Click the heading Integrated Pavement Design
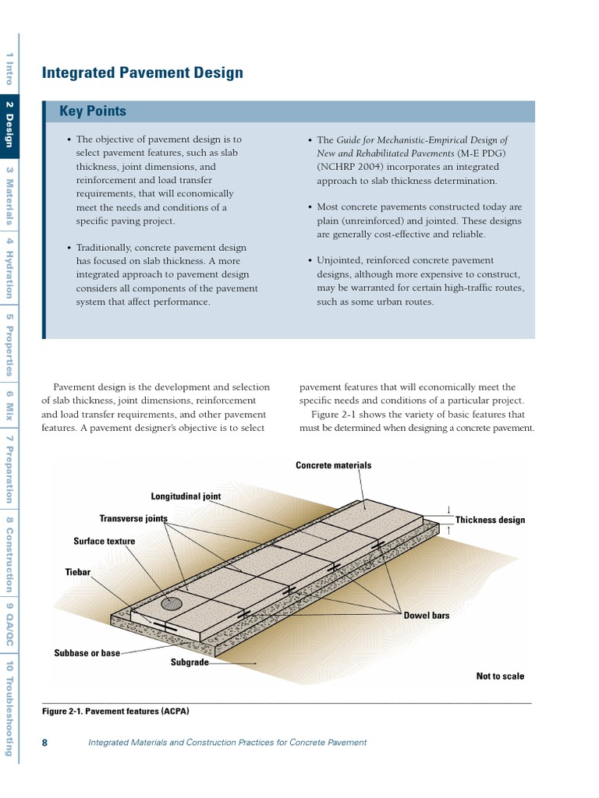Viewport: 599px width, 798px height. (142, 73)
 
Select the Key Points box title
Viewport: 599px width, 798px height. (93, 111)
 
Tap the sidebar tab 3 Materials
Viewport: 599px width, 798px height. (9, 196)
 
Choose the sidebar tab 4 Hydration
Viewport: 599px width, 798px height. (9, 270)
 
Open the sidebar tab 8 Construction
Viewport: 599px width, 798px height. (9, 556)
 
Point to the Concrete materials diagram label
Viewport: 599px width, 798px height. (333, 465)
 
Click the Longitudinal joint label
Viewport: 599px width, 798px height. (186, 496)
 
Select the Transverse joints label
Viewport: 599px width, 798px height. (133, 518)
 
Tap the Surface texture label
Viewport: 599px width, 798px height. (105, 541)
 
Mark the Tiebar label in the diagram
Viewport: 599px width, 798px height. (78, 572)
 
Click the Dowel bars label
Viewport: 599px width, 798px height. (427, 615)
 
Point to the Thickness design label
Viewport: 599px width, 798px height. (490, 520)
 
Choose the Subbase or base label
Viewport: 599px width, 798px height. (87, 653)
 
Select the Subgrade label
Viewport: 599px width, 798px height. (190, 662)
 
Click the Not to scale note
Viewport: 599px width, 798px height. (500, 676)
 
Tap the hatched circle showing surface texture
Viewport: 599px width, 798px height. (172, 602)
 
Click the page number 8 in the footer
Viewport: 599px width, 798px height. (44, 743)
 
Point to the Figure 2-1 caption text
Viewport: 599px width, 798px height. (115, 711)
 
